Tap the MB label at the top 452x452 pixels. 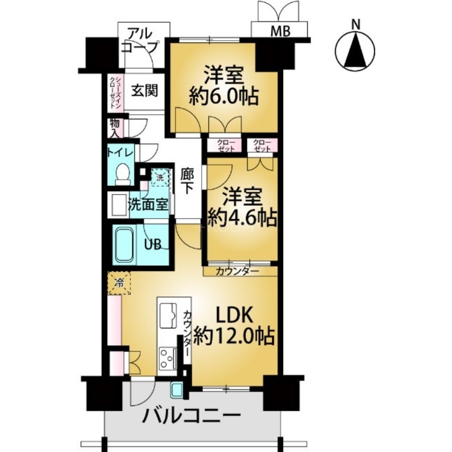[x=281, y=32]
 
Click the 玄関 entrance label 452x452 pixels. [x=144, y=90]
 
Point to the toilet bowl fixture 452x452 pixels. [x=122, y=173]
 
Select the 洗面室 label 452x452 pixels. [x=148, y=205]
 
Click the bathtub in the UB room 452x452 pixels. [x=125, y=245]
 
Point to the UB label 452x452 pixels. [x=155, y=245]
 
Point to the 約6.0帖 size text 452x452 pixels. [x=223, y=97]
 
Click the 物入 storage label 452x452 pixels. [x=115, y=127]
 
